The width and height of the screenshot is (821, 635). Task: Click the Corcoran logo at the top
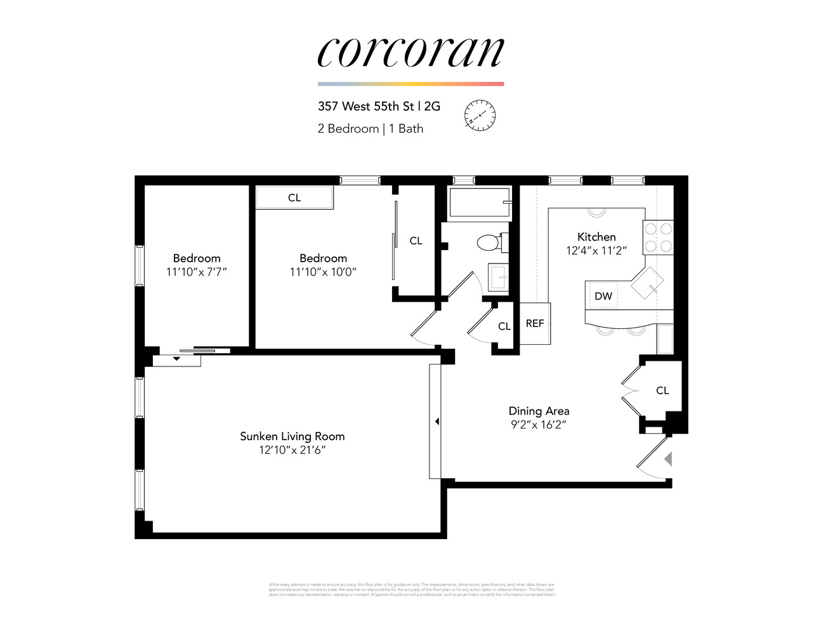tap(410, 52)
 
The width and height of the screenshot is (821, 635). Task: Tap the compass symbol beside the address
tap(480, 116)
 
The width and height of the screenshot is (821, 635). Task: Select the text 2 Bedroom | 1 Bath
tap(370, 128)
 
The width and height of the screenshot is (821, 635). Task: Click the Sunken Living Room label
tap(292, 436)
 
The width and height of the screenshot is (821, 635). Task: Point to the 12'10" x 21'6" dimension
tap(292, 450)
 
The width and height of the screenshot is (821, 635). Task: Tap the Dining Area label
tap(539, 411)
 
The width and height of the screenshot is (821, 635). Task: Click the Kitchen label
tap(596, 237)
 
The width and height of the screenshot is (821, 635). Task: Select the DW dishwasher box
tap(603, 296)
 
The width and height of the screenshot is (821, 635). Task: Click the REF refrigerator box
tap(535, 323)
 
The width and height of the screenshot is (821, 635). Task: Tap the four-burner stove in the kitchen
tap(658, 237)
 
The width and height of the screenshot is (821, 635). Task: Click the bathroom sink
tap(498, 277)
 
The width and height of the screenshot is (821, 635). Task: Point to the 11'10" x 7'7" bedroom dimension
tap(197, 272)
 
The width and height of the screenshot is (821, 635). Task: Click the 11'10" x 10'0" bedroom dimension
tap(323, 272)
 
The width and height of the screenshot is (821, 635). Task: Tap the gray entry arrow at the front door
tap(667, 458)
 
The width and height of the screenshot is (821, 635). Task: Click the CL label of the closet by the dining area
tap(662, 391)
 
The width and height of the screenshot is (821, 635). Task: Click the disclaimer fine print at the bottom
tap(412, 589)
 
